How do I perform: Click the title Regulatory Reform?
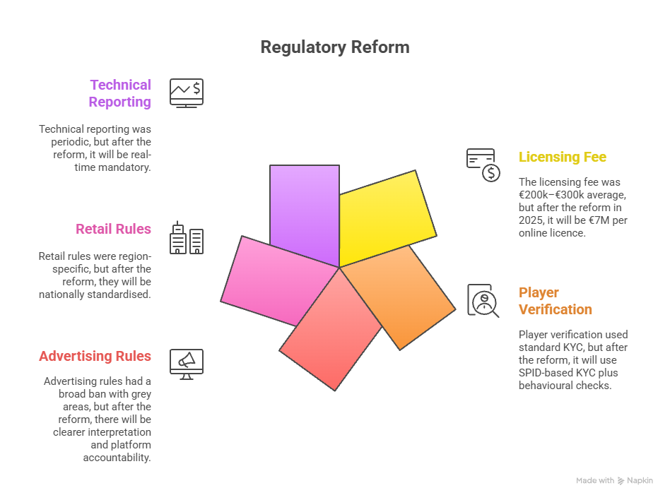[x=334, y=47]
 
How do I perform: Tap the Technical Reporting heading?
[x=120, y=93]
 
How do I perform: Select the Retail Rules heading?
[x=113, y=229]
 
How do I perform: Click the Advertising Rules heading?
[x=95, y=356]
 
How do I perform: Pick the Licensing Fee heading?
[x=562, y=157]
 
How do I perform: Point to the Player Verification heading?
[x=555, y=301]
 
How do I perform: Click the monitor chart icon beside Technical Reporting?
[x=187, y=93]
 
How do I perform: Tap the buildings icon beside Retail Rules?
[x=187, y=238]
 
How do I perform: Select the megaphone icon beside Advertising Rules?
[x=187, y=364]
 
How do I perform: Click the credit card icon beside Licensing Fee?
[x=483, y=164]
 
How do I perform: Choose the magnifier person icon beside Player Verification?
[x=483, y=301]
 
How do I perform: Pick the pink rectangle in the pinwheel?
[x=272, y=279]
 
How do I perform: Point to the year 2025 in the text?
[x=531, y=220]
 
